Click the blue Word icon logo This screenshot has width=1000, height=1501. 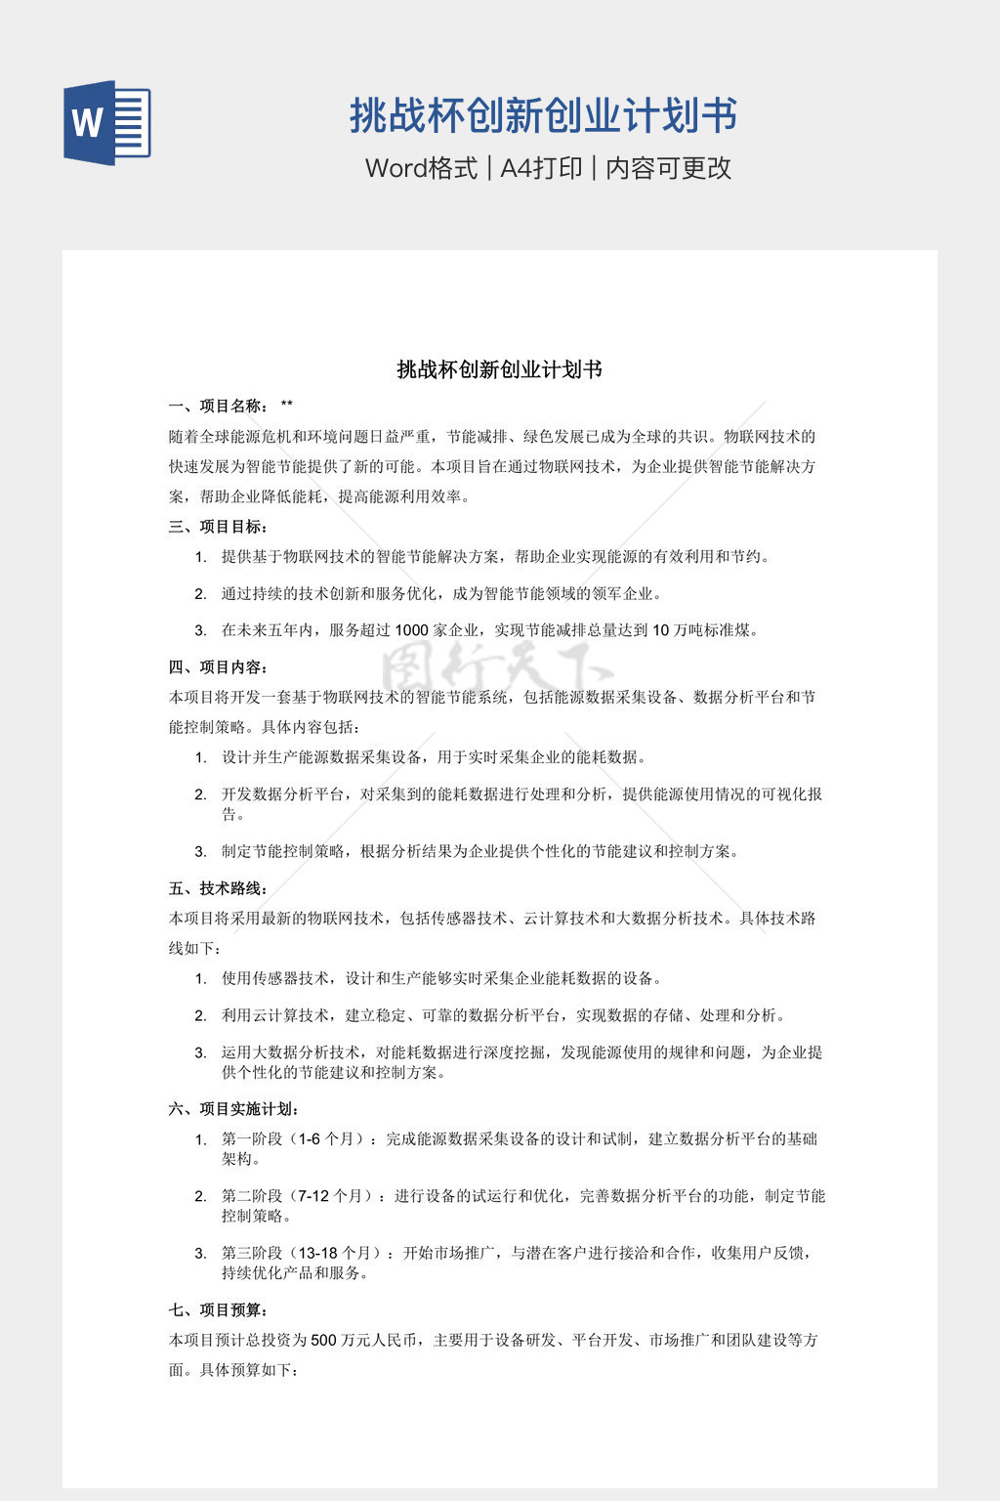tap(106, 123)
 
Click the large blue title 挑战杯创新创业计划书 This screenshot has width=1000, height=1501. tap(543, 116)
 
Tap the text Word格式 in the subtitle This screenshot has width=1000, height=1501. tap(421, 168)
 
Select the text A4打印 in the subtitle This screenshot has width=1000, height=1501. tap(541, 168)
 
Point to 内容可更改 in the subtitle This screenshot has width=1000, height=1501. tap(669, 168)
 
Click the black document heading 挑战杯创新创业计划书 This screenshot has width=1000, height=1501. tap(499, 369)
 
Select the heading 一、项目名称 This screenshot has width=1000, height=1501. tap(217, 407)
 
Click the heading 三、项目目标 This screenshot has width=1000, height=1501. tap(217, 527)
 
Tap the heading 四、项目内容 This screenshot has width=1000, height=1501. tap(217, 667)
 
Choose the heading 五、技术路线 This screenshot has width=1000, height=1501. tap(217, 888)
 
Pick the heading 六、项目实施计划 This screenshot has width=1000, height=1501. tap(232, 1109)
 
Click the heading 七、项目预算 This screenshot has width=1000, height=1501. tap(217, 1310)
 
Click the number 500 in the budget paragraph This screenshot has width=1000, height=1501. tap(323, 1341)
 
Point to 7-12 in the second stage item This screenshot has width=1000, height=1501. tap(313, 1196)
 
